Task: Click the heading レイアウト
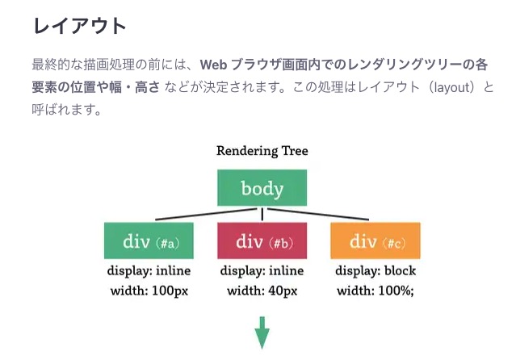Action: (80, 25)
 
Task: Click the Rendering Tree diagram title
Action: (262, 150)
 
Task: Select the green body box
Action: (262, 189)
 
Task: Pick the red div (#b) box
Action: (262, 241)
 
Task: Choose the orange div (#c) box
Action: (375, 241)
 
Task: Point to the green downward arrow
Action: (262, 333)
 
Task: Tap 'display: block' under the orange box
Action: (375, 270)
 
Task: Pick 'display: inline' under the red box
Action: (262, 270)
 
